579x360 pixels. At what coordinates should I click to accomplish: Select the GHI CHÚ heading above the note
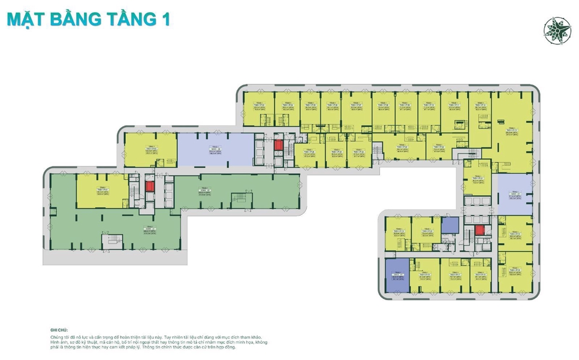[59, 330]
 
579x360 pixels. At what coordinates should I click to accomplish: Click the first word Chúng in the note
[58, 337]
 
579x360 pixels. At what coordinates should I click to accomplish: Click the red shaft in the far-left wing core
[150, 186]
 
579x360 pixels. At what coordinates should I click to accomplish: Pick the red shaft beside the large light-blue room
[278, 144]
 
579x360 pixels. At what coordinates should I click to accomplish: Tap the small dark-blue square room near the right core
[450, 225]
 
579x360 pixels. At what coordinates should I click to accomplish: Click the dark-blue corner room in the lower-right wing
[396, 275]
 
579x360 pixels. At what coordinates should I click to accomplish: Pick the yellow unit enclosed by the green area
[102, 192]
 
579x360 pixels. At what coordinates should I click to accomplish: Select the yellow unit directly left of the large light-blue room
[150, 150]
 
